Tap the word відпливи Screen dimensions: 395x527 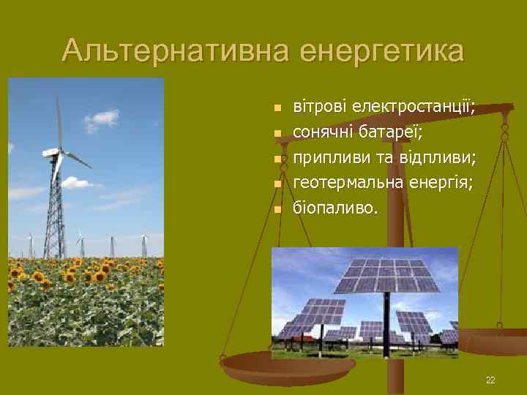[437, 158]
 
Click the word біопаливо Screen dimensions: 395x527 [335, 208]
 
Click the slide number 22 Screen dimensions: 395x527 [490, 380]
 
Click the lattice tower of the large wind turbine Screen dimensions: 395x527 [54, 212]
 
